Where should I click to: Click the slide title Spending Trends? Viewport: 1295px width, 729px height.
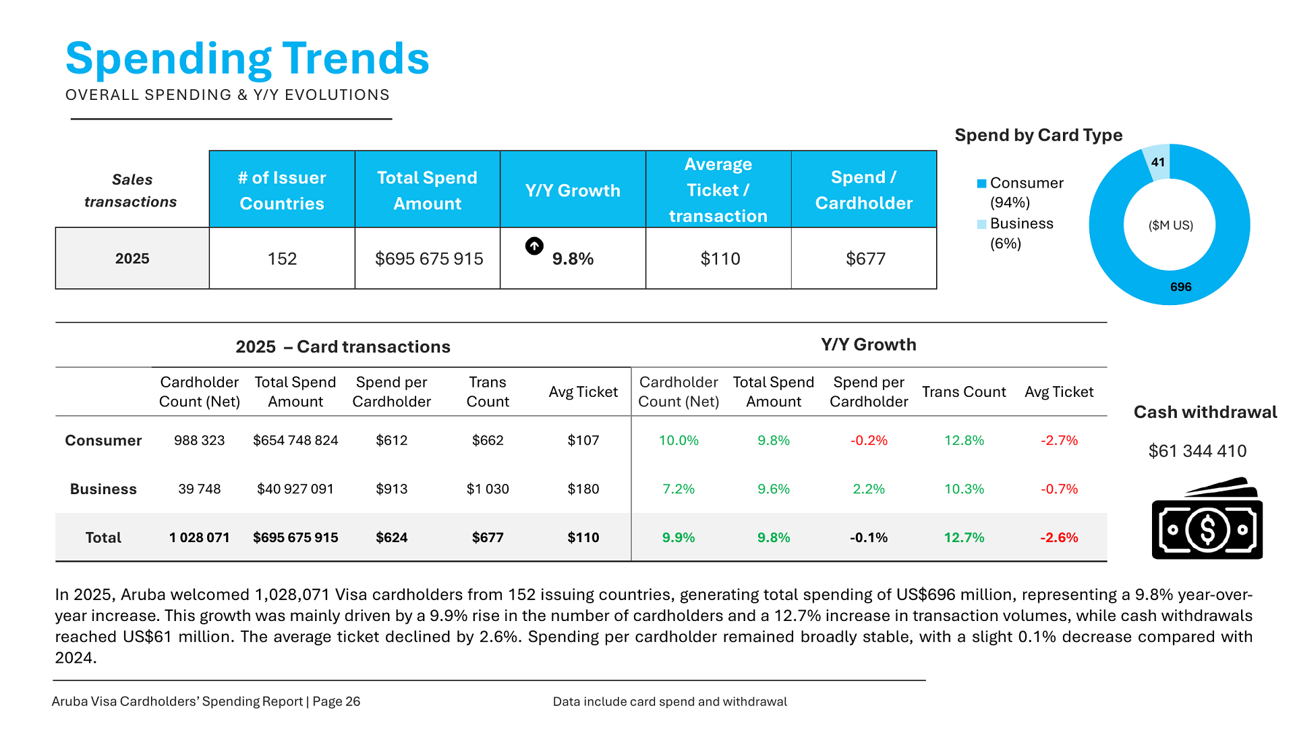coord(247,59)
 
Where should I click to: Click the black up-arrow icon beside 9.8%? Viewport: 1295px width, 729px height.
coord(534,246)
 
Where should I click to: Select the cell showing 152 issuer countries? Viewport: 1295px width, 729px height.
coord(282,259)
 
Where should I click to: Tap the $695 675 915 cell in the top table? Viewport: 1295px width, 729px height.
coord(429,259)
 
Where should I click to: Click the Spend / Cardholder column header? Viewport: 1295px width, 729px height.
coord(863,190)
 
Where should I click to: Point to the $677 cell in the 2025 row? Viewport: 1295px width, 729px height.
coord(865,259)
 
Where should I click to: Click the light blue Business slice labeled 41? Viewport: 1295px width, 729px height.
coord(1159,163)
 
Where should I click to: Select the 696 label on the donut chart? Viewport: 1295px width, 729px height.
coord(1180,287)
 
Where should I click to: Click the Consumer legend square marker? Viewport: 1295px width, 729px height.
coord(981,184)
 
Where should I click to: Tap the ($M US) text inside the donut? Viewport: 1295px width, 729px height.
coord(1171,225)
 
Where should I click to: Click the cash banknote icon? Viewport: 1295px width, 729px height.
coord(1207,519)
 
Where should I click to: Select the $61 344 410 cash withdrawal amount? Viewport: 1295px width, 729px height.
coord(1197,451)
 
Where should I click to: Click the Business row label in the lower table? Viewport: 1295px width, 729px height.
coord(103,489)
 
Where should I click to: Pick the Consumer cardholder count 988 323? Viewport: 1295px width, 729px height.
coord(199,440)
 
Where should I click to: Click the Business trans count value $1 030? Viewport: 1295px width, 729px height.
coord(488,489)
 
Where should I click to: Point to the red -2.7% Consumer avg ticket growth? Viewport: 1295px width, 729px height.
coord(1059,440)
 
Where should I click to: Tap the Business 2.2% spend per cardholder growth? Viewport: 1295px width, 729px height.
coord(869,489)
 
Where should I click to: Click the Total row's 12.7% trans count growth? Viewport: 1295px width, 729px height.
coord(964,537)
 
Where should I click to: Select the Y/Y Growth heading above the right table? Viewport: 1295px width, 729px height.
coord(868,344)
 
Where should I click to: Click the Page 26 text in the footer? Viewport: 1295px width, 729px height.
coord(336,701)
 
